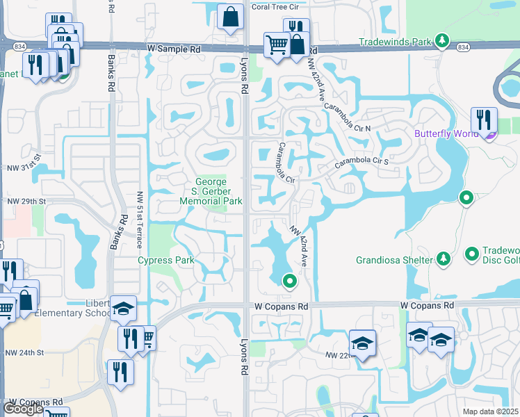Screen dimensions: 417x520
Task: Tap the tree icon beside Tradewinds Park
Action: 441,42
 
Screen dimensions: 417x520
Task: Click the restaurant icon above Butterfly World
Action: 483,120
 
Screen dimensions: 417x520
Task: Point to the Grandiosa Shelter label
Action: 394,261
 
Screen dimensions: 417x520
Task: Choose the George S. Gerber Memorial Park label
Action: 211,192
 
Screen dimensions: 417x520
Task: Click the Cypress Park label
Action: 165,261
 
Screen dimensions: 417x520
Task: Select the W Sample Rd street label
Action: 174,49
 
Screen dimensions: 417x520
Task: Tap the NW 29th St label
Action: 26,202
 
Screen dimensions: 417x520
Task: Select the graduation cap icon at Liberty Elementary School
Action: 122,309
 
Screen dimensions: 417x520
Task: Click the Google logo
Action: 23,409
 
